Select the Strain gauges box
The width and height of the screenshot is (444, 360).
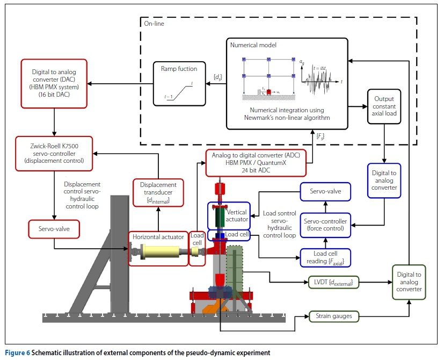coord(334,316)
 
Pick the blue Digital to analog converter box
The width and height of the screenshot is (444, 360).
coord(384,180)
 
